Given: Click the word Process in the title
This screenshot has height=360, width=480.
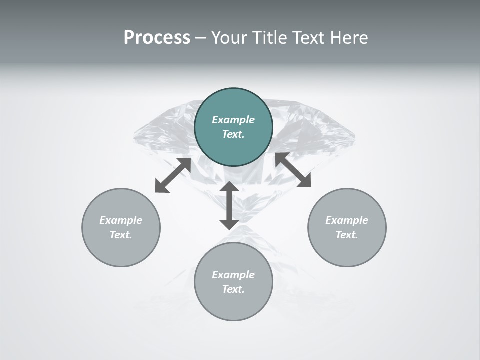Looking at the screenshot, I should [157, 38].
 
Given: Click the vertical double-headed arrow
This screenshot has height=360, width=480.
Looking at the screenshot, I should [229, 205].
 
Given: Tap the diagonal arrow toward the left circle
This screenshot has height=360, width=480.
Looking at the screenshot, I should [173, 175].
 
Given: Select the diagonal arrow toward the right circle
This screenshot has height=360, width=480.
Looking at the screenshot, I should [293, 170].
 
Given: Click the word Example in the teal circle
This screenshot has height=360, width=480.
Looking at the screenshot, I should [233, 120].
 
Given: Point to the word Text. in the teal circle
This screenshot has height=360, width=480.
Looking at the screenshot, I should [233, 134].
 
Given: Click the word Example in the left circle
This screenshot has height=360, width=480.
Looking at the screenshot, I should [121, 220].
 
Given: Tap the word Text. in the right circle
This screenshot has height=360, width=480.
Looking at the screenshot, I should [347, 235].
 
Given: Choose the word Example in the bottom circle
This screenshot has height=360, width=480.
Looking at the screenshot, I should [233, 275].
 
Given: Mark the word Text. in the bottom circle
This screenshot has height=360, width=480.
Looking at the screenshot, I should [233, 289].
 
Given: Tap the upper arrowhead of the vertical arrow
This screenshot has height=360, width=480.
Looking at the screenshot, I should [229, 188].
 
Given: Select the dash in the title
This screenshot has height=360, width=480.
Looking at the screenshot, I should [200, 38].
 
